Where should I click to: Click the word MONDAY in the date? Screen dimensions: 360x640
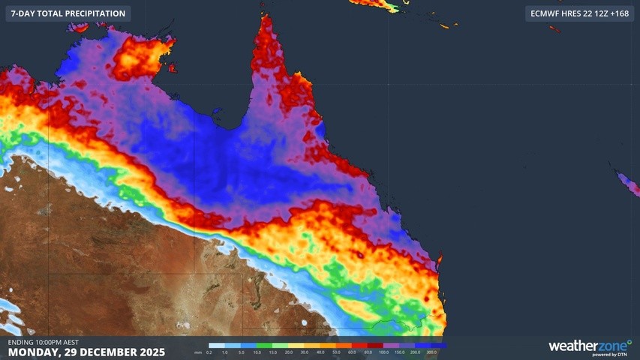pos(35,352)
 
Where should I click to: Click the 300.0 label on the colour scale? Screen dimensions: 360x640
pos(431,352)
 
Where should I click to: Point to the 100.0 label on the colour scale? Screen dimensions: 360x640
pos(383,352)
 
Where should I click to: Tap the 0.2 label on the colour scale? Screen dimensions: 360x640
pos(209,352)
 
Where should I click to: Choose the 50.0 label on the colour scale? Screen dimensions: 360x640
pos(336,352)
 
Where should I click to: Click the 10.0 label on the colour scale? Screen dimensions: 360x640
pos(257,352)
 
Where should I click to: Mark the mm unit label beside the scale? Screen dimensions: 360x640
pos(197,352)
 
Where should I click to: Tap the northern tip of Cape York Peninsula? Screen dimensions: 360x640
pos(265,16)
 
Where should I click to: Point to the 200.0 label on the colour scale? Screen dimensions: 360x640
pos(415,352)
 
